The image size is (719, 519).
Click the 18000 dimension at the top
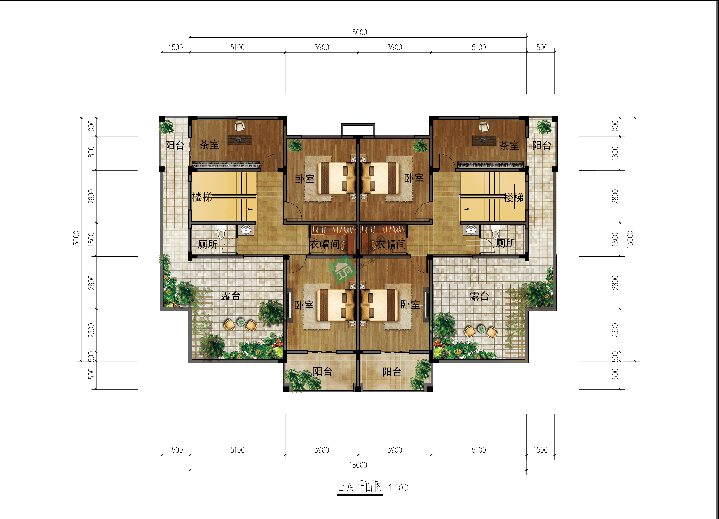pos(358,32)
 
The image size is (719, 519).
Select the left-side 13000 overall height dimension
pos(76,240)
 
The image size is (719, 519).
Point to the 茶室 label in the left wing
pos(209,145)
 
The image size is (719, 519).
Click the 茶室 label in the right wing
pos(509,145)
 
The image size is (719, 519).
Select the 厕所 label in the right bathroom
pos(506,243)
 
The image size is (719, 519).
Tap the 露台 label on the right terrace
pos(479,296)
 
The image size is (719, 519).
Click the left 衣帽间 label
pos(324,244)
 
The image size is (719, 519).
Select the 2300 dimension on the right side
pos(615,330)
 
